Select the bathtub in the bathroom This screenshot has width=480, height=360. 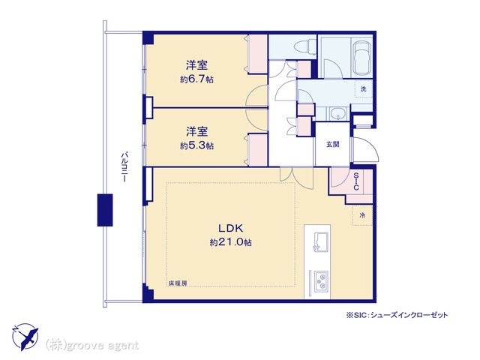(x=362, y=58)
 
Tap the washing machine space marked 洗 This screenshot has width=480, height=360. (x=363, y=89)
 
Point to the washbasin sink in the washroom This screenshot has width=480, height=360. (x=337, y=114)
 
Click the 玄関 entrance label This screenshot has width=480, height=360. (x=332, y=144)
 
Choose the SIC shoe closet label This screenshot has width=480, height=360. (x=356, y=181)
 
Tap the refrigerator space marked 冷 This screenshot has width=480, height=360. (x=362, y=215)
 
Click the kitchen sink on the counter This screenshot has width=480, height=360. (x=320, y=242)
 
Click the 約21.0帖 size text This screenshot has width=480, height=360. (x=230, y=242)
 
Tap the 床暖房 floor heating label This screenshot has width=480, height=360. (x=178, y=283)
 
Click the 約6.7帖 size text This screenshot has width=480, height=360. (x=196, y=79)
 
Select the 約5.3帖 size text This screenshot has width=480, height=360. (x=196, y=145)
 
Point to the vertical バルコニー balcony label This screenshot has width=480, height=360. (x=124, y=166)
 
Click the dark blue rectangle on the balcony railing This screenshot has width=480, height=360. (x=105, y=210)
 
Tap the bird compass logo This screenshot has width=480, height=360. (x=25, y=337)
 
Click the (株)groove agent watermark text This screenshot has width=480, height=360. (x=91, y=346)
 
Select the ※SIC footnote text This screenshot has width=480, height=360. (x=397, y=315)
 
